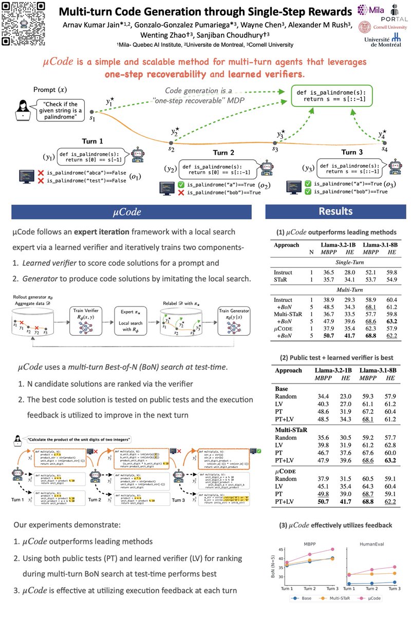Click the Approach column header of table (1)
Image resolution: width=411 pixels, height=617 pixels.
287,245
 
